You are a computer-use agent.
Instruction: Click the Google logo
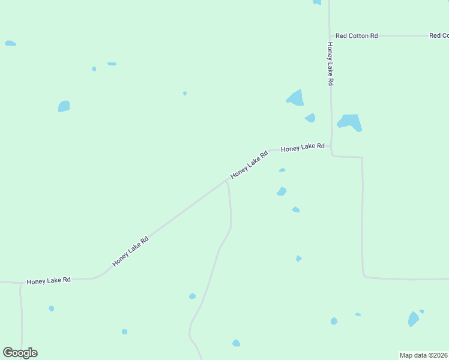point(20,353)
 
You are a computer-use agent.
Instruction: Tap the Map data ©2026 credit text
point(423,355)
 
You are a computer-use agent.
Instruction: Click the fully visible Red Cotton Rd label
point(357,36)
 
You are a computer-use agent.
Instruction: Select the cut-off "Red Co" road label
point(439,36)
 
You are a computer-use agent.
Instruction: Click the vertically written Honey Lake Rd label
point(330,63)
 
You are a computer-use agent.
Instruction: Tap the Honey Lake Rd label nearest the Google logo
point(49,280)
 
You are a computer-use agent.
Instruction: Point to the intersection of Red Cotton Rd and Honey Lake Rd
point(330,35)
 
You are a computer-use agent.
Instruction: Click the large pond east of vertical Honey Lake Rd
point(350,122)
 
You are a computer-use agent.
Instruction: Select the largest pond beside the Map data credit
point(413,319)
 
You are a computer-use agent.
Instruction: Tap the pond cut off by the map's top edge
point(317,2)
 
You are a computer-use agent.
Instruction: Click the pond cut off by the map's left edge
point(10,43)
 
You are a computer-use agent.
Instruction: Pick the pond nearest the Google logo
point(51,308)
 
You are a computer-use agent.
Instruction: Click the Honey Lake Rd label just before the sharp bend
point(303,147)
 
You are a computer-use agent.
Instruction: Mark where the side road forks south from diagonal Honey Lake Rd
point(227,181)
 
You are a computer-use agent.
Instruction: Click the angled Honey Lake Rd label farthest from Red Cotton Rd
point(130,251)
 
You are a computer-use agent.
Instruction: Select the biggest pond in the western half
point(64,106)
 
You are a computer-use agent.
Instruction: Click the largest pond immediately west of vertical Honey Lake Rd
point(295,97)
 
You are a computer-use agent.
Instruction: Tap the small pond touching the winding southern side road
point(192,296)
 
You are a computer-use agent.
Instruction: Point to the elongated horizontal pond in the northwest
point(112,64)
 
